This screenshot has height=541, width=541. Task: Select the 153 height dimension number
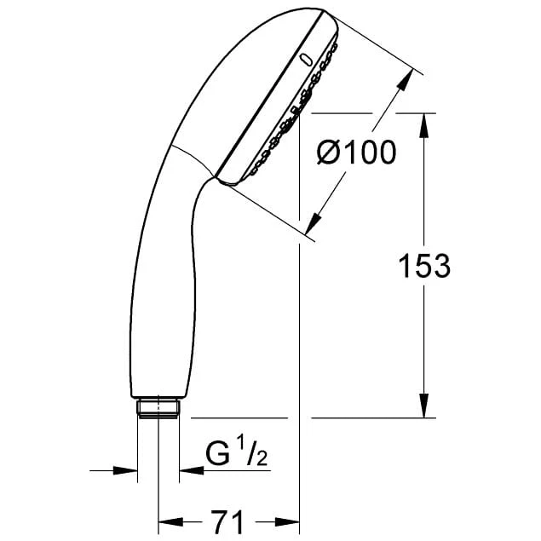(423, 266)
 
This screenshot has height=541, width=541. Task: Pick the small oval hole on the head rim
(304, 59)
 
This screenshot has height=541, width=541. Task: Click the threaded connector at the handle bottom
(158, 406)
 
